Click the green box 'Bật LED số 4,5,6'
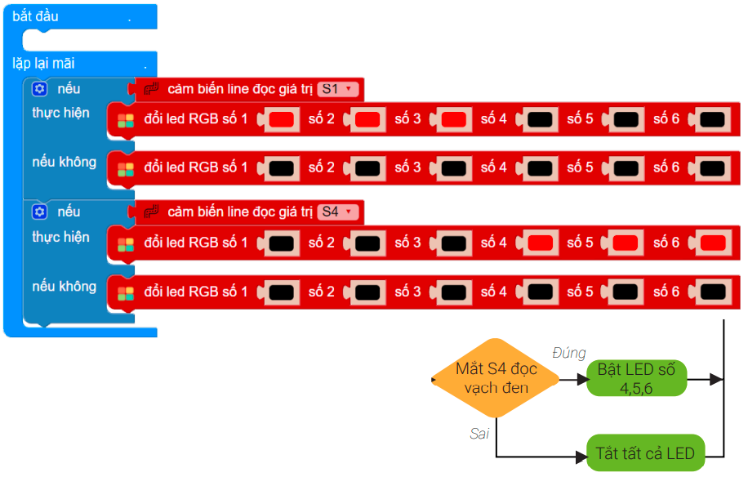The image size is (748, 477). pos(636,379)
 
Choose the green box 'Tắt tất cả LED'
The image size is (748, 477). pos(645,453)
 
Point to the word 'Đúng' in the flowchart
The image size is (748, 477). pos(568,353)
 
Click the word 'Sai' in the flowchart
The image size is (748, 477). pos(479,434)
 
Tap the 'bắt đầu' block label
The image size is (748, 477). pos(36,16)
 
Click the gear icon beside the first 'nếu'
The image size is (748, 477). pos(40,89)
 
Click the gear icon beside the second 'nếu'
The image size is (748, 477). pos(40,212)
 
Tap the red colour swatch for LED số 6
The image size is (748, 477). pos(712,243)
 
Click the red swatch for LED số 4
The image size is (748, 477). pos(540,243)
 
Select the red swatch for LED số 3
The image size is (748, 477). pos(453,119)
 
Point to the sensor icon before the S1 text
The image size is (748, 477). pos(150,89)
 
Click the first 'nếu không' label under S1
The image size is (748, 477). pos(65,162)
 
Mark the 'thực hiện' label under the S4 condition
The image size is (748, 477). pos(60,237)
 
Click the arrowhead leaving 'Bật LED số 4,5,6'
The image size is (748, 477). pos(716,379)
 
